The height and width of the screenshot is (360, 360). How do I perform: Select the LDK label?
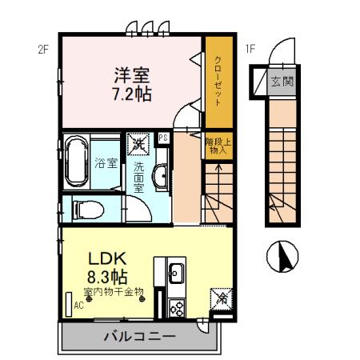(105, 259)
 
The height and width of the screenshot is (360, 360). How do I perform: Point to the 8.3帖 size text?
(105, 277)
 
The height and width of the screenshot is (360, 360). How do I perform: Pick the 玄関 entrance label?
(281, 82)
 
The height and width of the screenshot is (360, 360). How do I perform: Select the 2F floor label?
(43, 49)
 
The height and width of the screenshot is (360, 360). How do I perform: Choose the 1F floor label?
(251, 49)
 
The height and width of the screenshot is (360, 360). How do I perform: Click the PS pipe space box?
(163, 138)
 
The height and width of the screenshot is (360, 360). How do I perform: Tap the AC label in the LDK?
(78, 305)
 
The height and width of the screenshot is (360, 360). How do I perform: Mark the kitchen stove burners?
(175, 307)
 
